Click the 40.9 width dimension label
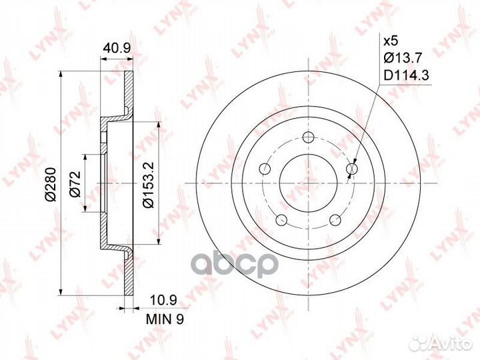coord(117,48)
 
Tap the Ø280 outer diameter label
coord(51,184)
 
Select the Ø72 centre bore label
coord(75,183)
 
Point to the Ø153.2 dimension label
coord(149,185)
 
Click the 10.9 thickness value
coord(164,300)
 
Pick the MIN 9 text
coord(165,319)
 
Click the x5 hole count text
coord(391,41)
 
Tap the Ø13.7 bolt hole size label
coord(403,57)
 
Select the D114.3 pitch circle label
coord(406,75)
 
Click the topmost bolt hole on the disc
coord(307,137)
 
